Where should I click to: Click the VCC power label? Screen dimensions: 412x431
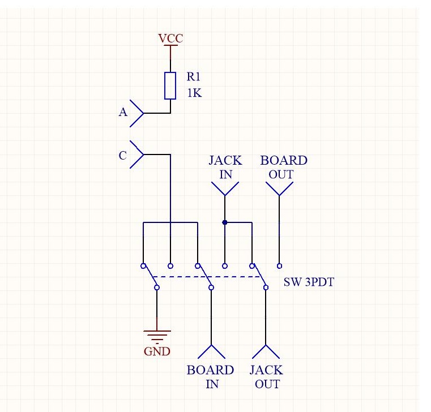(x=170, y=38)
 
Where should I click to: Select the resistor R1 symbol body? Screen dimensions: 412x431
(x=170, y=85)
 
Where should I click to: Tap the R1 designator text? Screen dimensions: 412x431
(x=194, y=79)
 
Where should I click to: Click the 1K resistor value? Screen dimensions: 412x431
(x=194, y=93)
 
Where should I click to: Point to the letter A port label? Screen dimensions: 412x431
(x=122, y=113)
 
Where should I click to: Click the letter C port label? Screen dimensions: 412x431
(x=122, y=155)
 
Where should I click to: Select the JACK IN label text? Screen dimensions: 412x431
(x=225, y=167)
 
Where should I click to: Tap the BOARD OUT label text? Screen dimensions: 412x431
(x=283, y=167)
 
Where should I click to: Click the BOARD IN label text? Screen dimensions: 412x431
(x=210, y=377)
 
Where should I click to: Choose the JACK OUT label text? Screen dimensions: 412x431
(x=266, y=377)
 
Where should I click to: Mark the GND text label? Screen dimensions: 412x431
(x=157, y=351)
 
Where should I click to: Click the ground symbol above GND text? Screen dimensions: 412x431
(x=157, y=335)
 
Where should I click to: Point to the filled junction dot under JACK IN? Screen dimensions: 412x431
(x=225, y=222)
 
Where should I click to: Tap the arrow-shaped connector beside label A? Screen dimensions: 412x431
(x=136, y=113)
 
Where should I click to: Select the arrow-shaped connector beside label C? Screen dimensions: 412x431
(x=136, y=154)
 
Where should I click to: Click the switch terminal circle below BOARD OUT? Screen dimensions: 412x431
(x=279, y=265)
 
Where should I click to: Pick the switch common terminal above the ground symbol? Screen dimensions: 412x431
(x=157, y=288)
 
